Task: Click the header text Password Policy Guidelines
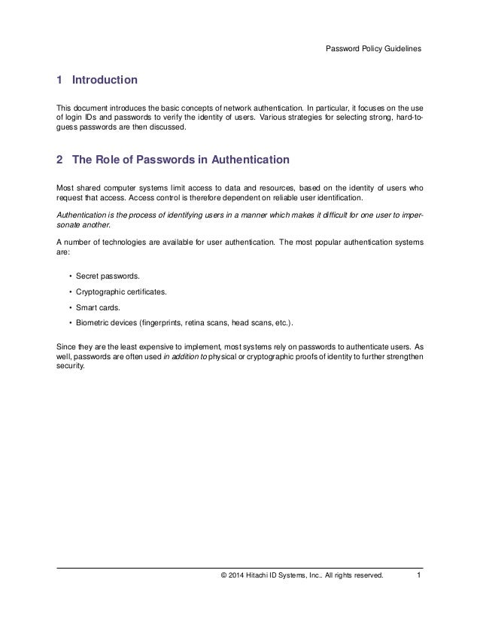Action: [x=373, y=49]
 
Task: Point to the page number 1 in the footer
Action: [x=418, y=577]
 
